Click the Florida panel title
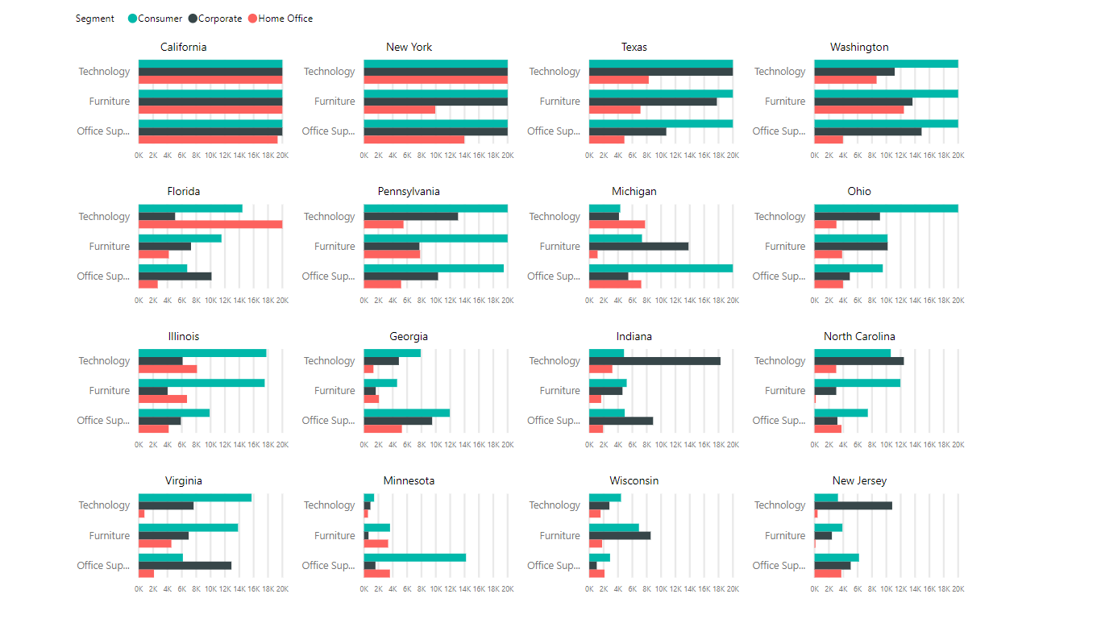click(184, 192)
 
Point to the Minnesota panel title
click(409, 481)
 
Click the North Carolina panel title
click(859, 337)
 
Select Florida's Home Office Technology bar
click(210, 224)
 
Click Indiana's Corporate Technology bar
click(654, 361)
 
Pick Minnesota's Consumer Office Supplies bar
click(414, 558)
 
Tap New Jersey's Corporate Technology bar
click(853, 505)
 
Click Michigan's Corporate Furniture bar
click(638, 246)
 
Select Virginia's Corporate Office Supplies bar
click(185, 566)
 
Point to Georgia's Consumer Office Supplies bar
click(406, 413)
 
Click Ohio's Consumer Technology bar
click(886, 208)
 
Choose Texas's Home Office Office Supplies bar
click(606, 139)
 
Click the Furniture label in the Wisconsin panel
click(560, 536)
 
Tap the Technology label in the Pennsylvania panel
click(330, 217)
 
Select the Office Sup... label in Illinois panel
click(103, 421)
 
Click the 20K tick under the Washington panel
click(958, 156)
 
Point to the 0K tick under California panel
click(139, 156)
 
